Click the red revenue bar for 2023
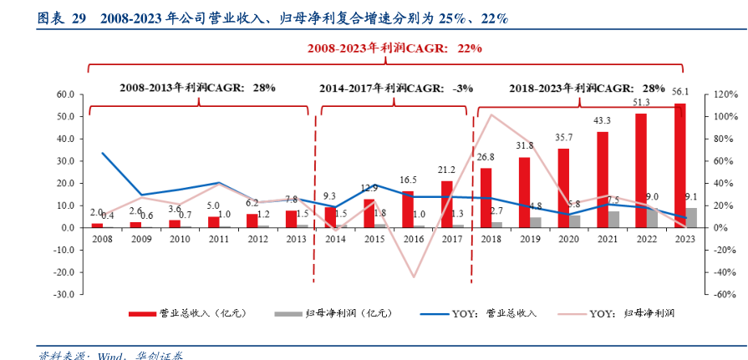click(x=680, y=167)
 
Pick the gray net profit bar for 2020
click(x=574, y=221)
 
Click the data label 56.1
click(x=680, y=91)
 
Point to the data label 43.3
click(x=603, y=120)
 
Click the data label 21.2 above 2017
click(x=446, y=170)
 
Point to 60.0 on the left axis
click(x=64, y=94)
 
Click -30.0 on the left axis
click(x=64, y=294)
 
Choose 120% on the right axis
click(x=724, y=94)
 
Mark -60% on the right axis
click(x=724, y=294)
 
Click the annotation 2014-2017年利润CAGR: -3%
click(x=395, y=87)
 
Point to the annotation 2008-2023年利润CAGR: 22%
click(x=394, y=48)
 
